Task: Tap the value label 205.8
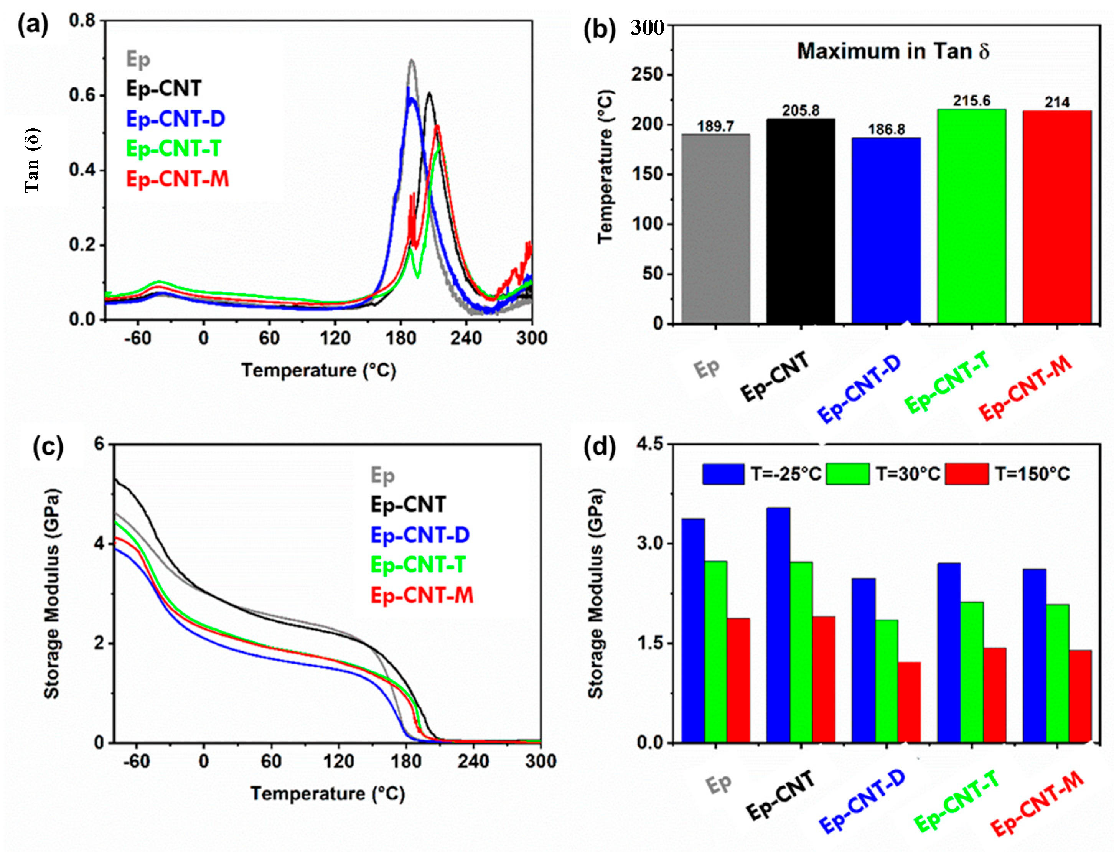(801, 110)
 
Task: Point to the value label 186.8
(887, 129)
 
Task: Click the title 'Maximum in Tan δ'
(893, 51)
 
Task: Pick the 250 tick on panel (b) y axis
(648, 74)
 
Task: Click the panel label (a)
(33, 24)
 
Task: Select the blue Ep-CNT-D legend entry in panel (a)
(175, 119)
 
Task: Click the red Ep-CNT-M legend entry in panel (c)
(422, 595)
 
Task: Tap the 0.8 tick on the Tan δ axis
(82, 21)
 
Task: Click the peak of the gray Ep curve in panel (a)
(411, 60)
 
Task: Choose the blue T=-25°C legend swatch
(723, 474)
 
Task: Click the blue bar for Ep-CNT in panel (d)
(778, 625)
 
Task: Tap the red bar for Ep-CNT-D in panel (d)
(909, 702)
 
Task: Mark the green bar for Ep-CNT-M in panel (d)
(1057, 674)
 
